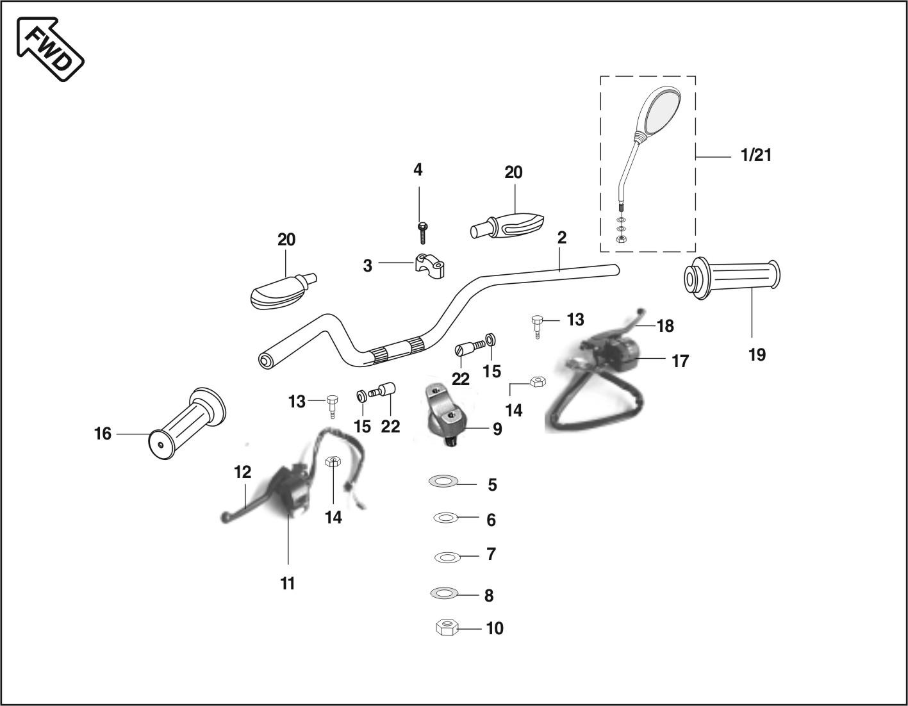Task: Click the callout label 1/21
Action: [x=756, y=155]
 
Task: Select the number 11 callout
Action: [x=288, y=584]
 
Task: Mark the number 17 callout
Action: [x=680, y=361]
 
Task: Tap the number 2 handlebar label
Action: [x=561, y=238]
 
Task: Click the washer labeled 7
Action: [x=447, y=557]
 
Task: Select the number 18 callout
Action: [x=665, y=326]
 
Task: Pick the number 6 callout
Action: [x=491, y=520]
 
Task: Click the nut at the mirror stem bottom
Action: [x=620, y=239]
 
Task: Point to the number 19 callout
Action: [x=757, y=354]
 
